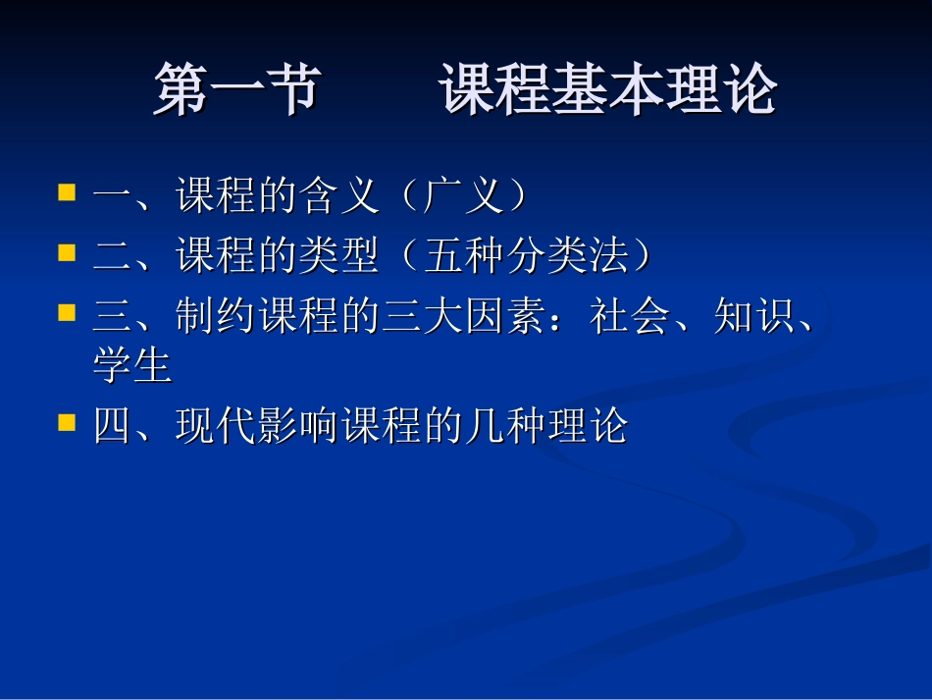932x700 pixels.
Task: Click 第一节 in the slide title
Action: (236, 90)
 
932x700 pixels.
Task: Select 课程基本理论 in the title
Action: (608, 90)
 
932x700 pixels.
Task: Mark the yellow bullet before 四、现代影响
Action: (67, 421)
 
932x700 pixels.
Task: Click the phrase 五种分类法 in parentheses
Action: (527, 256)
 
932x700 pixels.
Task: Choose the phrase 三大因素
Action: (465, 317)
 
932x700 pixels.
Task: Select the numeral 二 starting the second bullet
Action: (113, 256)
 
